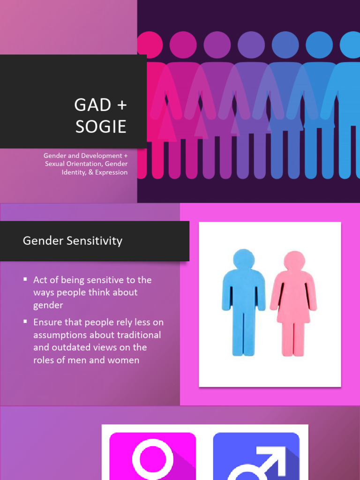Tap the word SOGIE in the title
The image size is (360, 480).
click(101, 127)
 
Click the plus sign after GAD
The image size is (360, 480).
click(121, 105)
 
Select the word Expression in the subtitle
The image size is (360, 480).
click(111, 172)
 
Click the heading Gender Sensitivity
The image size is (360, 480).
click(73, 241)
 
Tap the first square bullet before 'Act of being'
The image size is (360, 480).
click(25, 279)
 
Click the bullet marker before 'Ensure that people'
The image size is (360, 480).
click(25, 322)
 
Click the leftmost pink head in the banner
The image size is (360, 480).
click(150, 45)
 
